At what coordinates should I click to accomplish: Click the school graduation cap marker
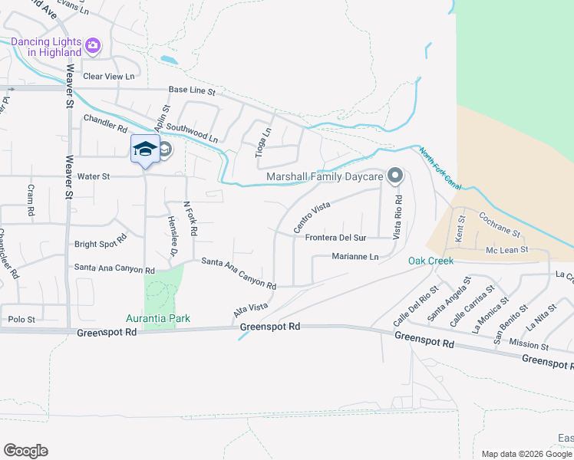(144, 148)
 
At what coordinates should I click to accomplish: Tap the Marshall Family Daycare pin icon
(395, 176)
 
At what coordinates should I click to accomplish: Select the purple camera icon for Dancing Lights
(93, 45)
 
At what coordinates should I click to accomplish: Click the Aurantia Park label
(158, 318)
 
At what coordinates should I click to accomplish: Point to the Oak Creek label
(430, 261)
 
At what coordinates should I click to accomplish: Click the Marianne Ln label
(355, 256)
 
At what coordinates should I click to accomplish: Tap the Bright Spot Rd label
(100, 245)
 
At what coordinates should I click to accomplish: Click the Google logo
(25, 451)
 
